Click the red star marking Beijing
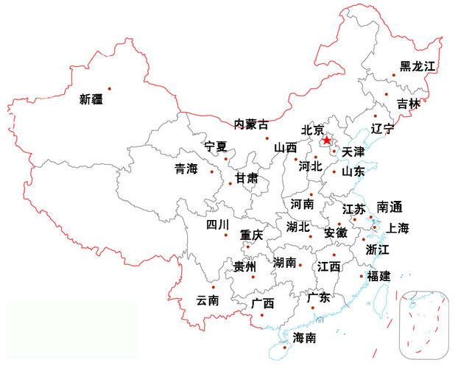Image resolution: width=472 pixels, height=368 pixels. [326, 139]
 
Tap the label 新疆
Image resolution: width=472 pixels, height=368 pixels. [92, 99]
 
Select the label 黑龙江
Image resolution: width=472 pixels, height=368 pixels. [418, 66]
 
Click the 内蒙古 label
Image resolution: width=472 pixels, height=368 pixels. [251, 124]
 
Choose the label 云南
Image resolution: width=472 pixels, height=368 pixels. [208, 300]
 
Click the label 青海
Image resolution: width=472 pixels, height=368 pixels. [186, 169]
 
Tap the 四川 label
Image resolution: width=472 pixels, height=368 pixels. [217, 224]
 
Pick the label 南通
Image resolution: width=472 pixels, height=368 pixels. [390, 206]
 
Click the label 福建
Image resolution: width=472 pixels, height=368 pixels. [379, 276]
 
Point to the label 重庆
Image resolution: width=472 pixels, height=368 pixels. [251, 236]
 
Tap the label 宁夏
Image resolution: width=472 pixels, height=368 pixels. [216, 146]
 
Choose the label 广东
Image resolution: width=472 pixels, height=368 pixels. [319, 297]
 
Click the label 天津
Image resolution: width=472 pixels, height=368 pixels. [353, 152]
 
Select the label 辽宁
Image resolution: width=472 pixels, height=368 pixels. [383, 128]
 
